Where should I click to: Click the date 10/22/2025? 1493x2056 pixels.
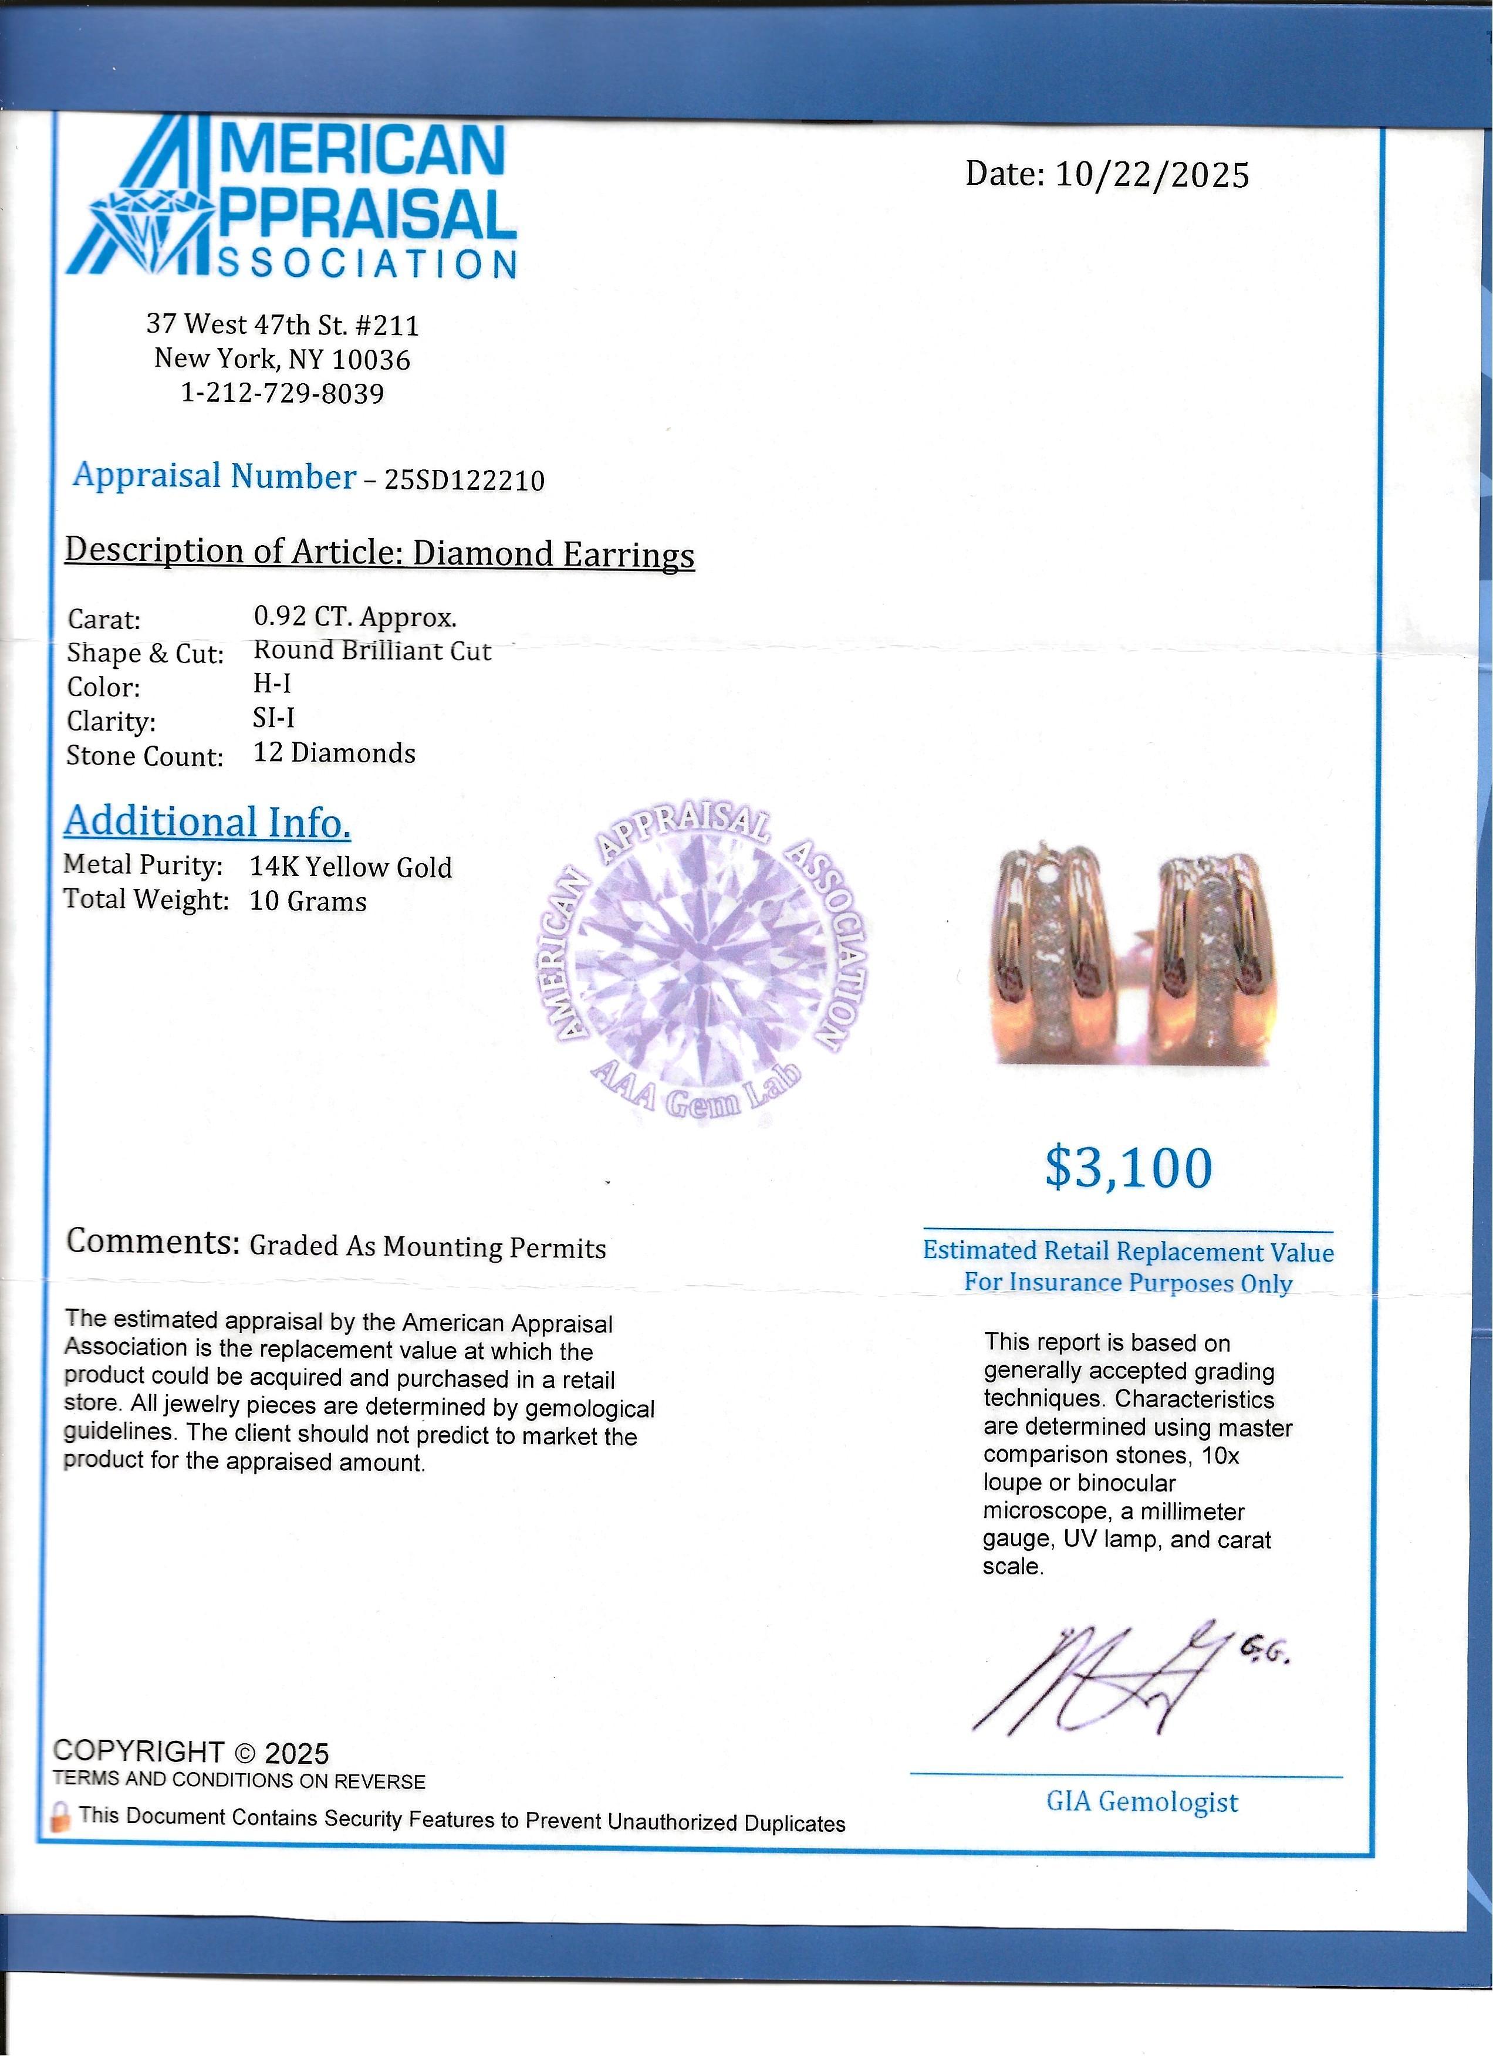(x=1151, y=174)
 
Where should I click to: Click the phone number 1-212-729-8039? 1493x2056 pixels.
(x=283, y=394)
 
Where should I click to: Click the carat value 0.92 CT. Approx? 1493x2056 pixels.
(x=354, y=617)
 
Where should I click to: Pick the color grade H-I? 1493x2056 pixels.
(x=272, y=684)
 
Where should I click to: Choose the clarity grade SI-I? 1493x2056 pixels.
(x=273, y=718)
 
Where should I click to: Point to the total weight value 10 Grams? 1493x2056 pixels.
(x=308, y=901)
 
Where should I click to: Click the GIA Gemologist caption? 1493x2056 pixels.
(x=1141, y=1801)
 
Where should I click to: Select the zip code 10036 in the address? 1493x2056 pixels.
(x=371, y=360)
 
